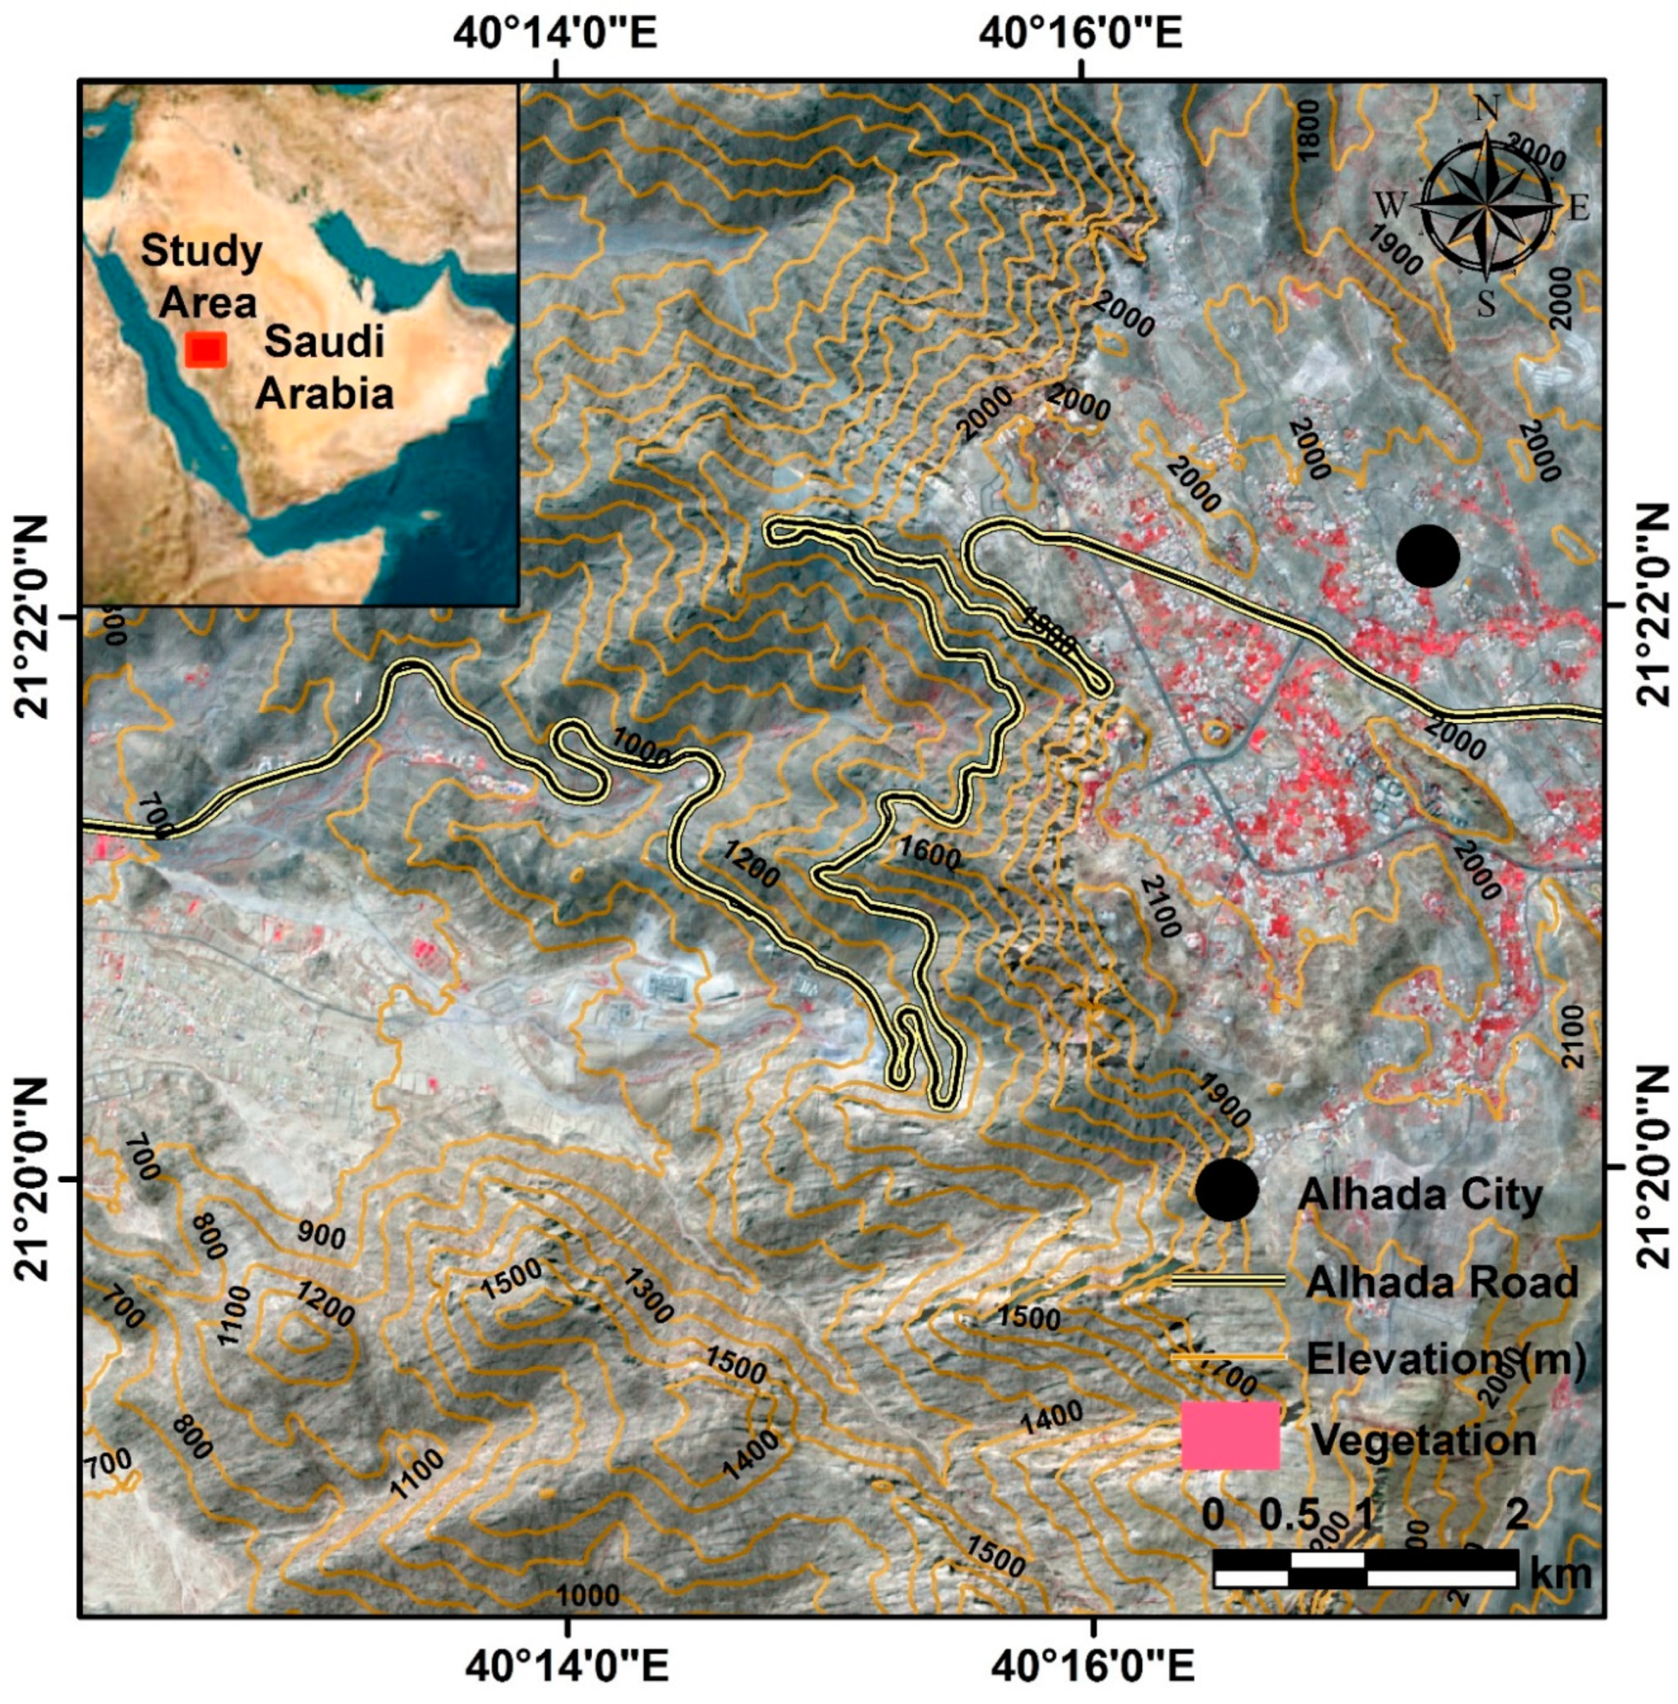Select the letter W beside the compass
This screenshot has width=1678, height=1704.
pyautogui.click(x=1391, y=207)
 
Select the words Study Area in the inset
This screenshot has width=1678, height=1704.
pyautogui.click(x=203, y=276)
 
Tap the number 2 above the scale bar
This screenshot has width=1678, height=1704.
pyautogui.click(x=1517, y=1514)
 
